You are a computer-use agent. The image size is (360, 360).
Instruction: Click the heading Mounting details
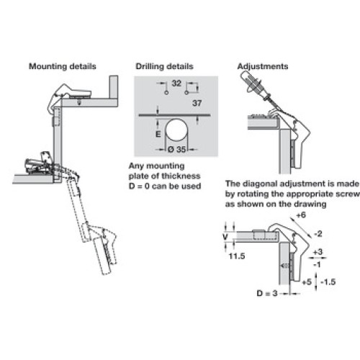click(63, 66)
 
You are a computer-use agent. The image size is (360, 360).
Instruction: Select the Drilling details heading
click(164, 66)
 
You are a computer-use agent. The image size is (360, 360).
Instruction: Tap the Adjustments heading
click(263, 66)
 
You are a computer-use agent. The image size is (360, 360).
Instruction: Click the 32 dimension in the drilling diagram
click(176, 84)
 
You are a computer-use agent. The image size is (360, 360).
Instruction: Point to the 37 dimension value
click(197, 103)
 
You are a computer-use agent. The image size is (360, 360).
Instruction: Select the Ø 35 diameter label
click(176, 149)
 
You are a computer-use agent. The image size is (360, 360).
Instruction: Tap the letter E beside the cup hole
click(158, 134)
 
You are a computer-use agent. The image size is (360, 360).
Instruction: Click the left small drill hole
click(166, 93)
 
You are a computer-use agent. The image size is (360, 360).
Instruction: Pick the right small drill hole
click(186, 93)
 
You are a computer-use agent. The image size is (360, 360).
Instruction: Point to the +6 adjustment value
click(301, 215)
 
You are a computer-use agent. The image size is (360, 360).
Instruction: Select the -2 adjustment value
click(318, 233)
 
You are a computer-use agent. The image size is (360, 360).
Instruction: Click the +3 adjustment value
click(318, 252)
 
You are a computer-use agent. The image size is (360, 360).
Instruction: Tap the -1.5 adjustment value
click(328, 282)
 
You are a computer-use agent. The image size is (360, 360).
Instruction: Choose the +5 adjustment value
click(307, 282)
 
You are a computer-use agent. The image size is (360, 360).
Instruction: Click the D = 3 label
click(267, 293)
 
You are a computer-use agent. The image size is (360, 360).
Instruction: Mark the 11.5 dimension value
click(237, 256)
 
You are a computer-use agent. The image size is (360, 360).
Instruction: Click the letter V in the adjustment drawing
click(225, 237)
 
